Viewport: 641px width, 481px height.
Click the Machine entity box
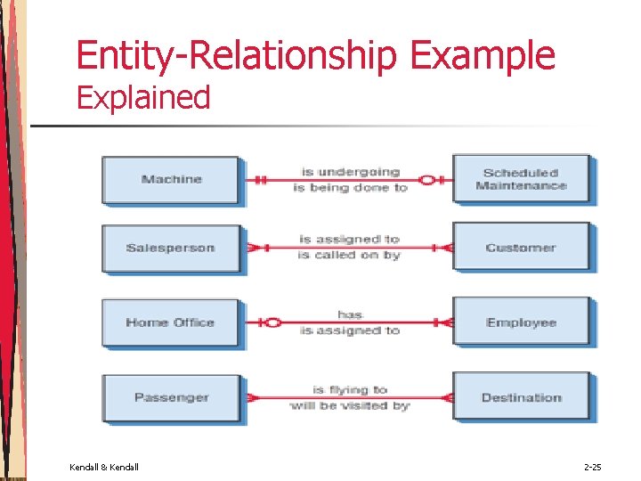click(170, 179)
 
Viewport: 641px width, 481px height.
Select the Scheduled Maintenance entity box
click(521, 178)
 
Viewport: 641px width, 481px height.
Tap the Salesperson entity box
click(170, 248)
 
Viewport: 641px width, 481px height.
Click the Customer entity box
click(521, 247)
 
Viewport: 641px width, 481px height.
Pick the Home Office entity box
click(170, 322)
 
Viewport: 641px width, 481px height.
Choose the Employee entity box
click(521, 322)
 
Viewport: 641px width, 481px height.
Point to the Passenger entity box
click(170, 397)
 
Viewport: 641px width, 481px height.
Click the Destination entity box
click(521, 397)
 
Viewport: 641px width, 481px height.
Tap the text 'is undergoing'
click(351, 171)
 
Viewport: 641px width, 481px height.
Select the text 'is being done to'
click(350, 187)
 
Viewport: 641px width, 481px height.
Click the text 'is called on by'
click(349, 255)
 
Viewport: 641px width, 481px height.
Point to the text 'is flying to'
click(350, 389)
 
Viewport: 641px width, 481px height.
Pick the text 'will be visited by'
click(350, 405)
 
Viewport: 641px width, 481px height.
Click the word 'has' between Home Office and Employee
click(350, 314)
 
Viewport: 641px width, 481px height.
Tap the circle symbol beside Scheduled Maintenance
click(426, 180)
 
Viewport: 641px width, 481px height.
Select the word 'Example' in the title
click(482, 55)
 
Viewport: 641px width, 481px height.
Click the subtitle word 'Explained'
click(143, 97)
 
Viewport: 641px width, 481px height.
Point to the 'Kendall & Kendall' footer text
click(104, 467)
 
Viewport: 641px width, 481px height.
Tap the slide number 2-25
click(592, 467)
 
